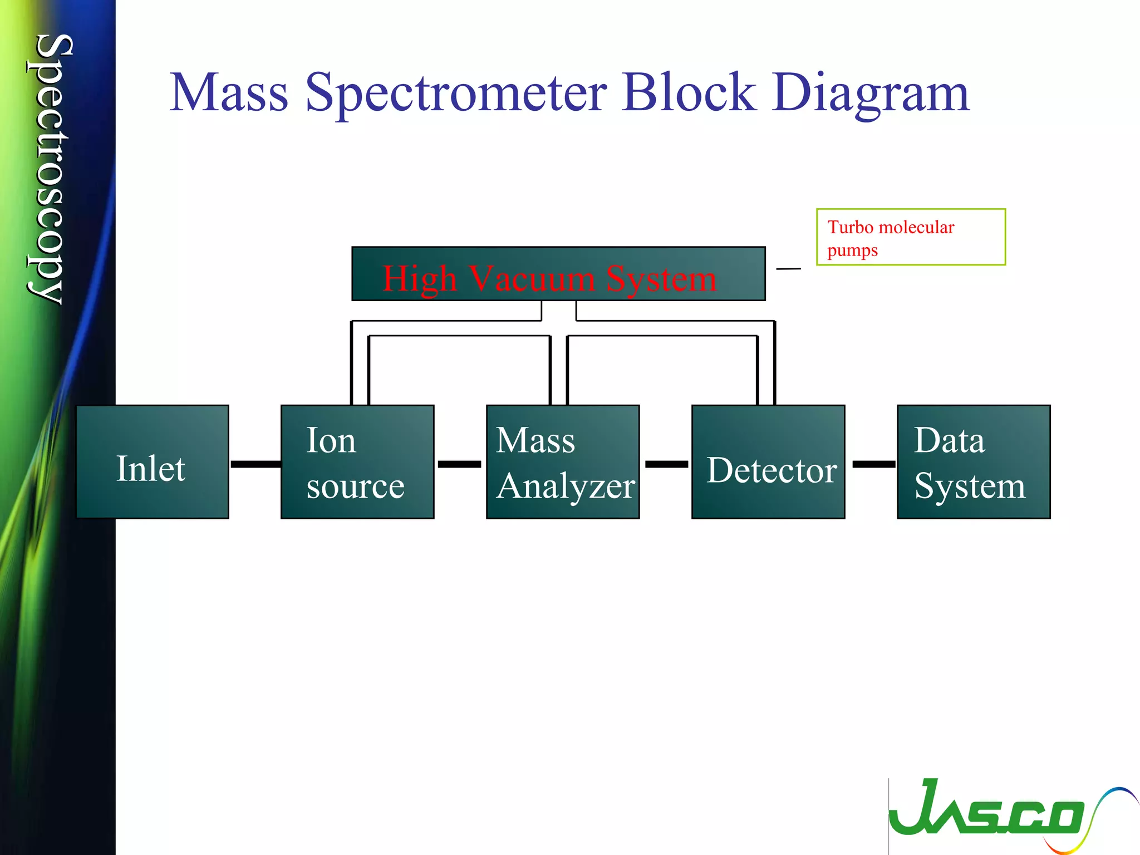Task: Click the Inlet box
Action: point(152,462)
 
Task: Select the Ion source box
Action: point(357,462)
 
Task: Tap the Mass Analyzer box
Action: point(563,462)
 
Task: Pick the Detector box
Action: point(768,462)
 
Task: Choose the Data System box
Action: point(974,462)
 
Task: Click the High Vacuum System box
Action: point(558,274)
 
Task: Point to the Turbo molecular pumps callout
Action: point(911,237)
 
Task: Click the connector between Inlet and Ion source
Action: point(255,464)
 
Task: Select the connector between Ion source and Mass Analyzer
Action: point(460,464)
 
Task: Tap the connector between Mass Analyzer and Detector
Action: point(666,464)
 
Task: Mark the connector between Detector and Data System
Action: point(873,464)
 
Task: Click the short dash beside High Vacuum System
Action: point(788,269)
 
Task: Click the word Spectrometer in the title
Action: point(456,94)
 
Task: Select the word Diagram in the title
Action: point(871,94)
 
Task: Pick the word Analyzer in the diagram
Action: point(566,487)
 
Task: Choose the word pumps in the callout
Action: point(852,250)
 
